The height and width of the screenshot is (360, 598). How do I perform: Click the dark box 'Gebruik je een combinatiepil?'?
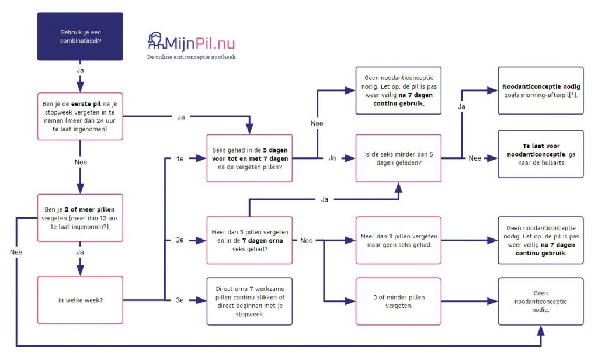tap(80, 36)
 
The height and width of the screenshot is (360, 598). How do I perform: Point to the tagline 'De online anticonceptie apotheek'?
tap(191, 57)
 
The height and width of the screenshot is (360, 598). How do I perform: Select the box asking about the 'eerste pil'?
tap(80, 116)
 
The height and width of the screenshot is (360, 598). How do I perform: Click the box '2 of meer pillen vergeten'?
tap(80, 217)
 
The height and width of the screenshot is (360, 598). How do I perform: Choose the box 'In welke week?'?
tap(80, 300)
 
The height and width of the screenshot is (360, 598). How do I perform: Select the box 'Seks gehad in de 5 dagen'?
tap(249, 158)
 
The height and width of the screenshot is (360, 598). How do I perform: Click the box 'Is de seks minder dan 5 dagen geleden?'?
tap(399, 158)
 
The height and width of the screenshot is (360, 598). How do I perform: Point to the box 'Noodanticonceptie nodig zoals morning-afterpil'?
tap(540, 91)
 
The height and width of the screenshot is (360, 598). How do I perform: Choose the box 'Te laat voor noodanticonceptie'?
tap(540, 154)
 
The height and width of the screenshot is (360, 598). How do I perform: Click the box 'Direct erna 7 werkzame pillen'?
tap(249, 300)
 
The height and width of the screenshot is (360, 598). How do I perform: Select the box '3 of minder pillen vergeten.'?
tap(399, 300)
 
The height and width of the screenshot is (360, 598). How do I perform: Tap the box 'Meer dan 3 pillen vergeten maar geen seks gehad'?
tap(399, 240)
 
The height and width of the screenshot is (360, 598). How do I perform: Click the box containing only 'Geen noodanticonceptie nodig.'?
tap(540, 301)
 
